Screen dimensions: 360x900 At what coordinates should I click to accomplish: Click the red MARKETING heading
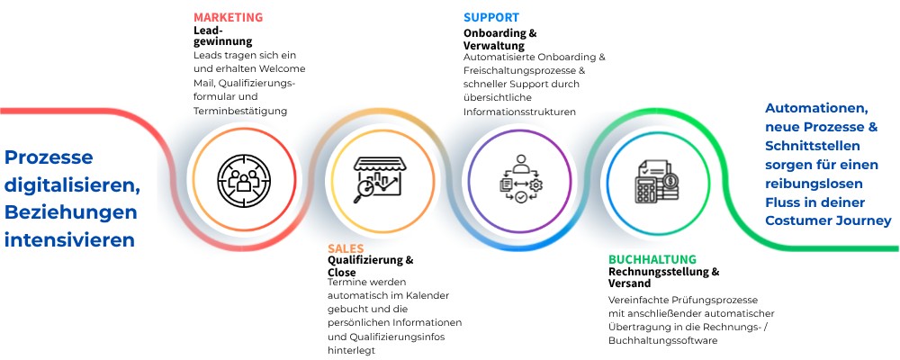pyautogui.click(x=228, y=17)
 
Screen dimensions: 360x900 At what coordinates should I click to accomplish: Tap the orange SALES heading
pyautogui.click(x=346, y=247)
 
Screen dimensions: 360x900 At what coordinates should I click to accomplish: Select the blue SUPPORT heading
pyautogui.click(x=490, y=17)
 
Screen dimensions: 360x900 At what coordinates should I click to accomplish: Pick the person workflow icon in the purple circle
pyautogui.click(x=519, y=177)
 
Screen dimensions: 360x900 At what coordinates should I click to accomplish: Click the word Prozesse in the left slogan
pyautogui.click(x=49, y=157)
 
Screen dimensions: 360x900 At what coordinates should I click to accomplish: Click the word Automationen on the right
pyautogui.click(x=817, y=109)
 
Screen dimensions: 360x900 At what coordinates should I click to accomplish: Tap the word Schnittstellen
pyautogui.click(x=813, y=146)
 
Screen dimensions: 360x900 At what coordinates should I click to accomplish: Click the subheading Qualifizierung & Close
pyautogui.click(x=370, y=266)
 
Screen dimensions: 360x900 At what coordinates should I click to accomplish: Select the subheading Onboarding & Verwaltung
pyautogui.click(x=500, y=40)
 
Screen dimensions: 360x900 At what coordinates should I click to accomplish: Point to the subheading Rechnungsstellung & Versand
pyautogui.click(x=663, y=277)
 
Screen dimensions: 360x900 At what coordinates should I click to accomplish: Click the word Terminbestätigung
pyautogui.click(x=239, y=111)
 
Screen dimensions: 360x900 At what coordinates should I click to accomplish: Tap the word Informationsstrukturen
pyautogui.click(x=519, y=112)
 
